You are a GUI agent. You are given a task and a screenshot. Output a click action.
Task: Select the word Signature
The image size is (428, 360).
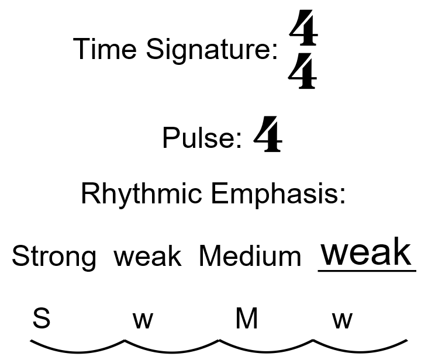pyautogui.click(x=212, y=50)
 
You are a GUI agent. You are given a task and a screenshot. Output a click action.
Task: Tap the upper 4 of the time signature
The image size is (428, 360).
pyautogui.click(x=303, y=30)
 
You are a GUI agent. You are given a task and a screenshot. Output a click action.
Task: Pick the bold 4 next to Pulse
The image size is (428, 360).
pyautogui.click(x=268, y=134)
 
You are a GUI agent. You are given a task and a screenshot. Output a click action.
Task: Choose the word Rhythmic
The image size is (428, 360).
pyautogui.click(x=141, y=194)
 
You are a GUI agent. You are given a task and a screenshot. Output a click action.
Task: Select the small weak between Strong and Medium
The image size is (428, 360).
pyautogui.click(x=147, y=256)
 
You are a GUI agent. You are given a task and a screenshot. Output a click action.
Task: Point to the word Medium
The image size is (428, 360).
pyautogui.click(x=250, y=256)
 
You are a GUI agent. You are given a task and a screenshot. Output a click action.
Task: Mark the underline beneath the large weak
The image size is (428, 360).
pyautogui.click(x=367, y=271)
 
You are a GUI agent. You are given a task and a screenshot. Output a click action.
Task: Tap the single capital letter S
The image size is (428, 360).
pyautogui.click(x=41, y=319)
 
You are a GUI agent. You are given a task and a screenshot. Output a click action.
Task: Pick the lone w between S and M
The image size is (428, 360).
pyautogui.click(x=143, y=320)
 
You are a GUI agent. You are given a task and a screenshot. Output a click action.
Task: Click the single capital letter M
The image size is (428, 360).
pyautogui.click(x=247, y=319)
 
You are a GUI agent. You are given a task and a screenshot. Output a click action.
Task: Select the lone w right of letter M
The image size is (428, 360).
pyautogui.click(x=343, y=320)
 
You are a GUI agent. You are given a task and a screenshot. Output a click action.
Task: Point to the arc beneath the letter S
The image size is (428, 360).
pyautogui.click(x=77, y=349)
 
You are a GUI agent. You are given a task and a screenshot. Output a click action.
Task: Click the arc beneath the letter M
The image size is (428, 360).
pyautogui.click(x=266, y=349)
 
